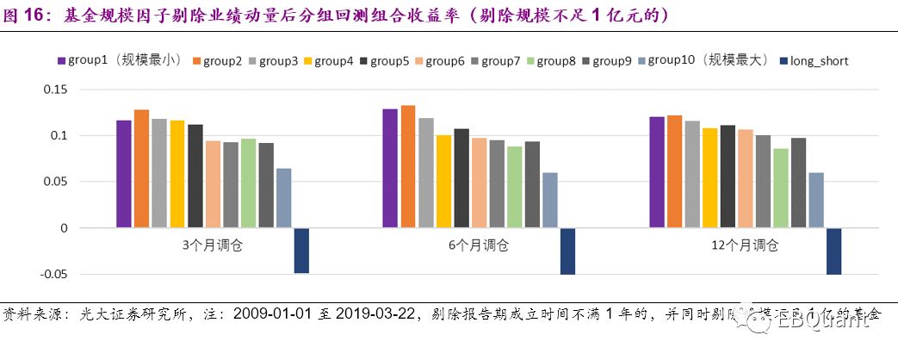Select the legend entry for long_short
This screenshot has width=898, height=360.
(812, 61)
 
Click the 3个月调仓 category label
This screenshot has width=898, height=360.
(213, 245)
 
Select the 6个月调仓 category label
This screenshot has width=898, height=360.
(479, 245)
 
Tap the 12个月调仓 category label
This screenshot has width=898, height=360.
(745, 245)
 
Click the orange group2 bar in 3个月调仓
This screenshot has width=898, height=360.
(141, 169)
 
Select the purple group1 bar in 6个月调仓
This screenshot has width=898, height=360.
(390, 169)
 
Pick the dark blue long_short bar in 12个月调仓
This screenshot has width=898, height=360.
(833, 251)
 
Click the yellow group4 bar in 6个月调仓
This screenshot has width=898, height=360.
(443, 182)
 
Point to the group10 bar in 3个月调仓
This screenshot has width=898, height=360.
(283, 198)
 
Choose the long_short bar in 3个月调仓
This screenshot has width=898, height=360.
(301, 251)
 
